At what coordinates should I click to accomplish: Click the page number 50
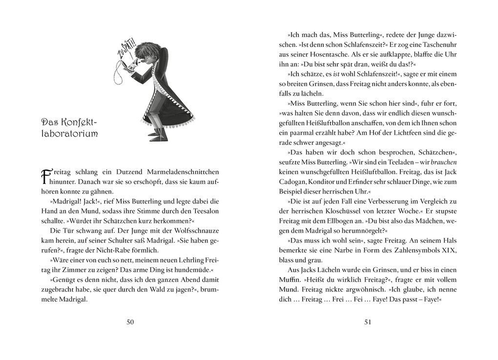[x=130, y=321]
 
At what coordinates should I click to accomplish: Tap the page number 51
[x=368, y=321]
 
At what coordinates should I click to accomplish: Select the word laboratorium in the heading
[x=69, y=134]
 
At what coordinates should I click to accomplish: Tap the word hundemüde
[x=196, y=270]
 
